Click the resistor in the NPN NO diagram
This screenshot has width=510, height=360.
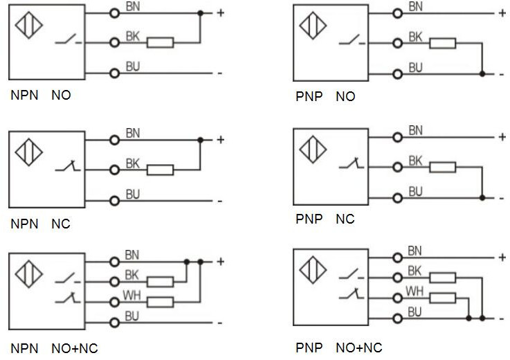161,43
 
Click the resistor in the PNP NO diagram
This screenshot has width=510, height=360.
443,44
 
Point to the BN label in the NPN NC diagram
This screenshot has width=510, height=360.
132,134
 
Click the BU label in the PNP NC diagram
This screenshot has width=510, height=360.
416,192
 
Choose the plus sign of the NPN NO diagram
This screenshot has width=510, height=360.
220,12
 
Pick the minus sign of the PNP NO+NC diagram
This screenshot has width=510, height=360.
502,319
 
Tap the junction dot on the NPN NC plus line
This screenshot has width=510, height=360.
200,140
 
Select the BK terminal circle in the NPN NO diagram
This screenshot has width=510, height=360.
115,43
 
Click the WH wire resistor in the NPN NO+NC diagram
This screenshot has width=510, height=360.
161,302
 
